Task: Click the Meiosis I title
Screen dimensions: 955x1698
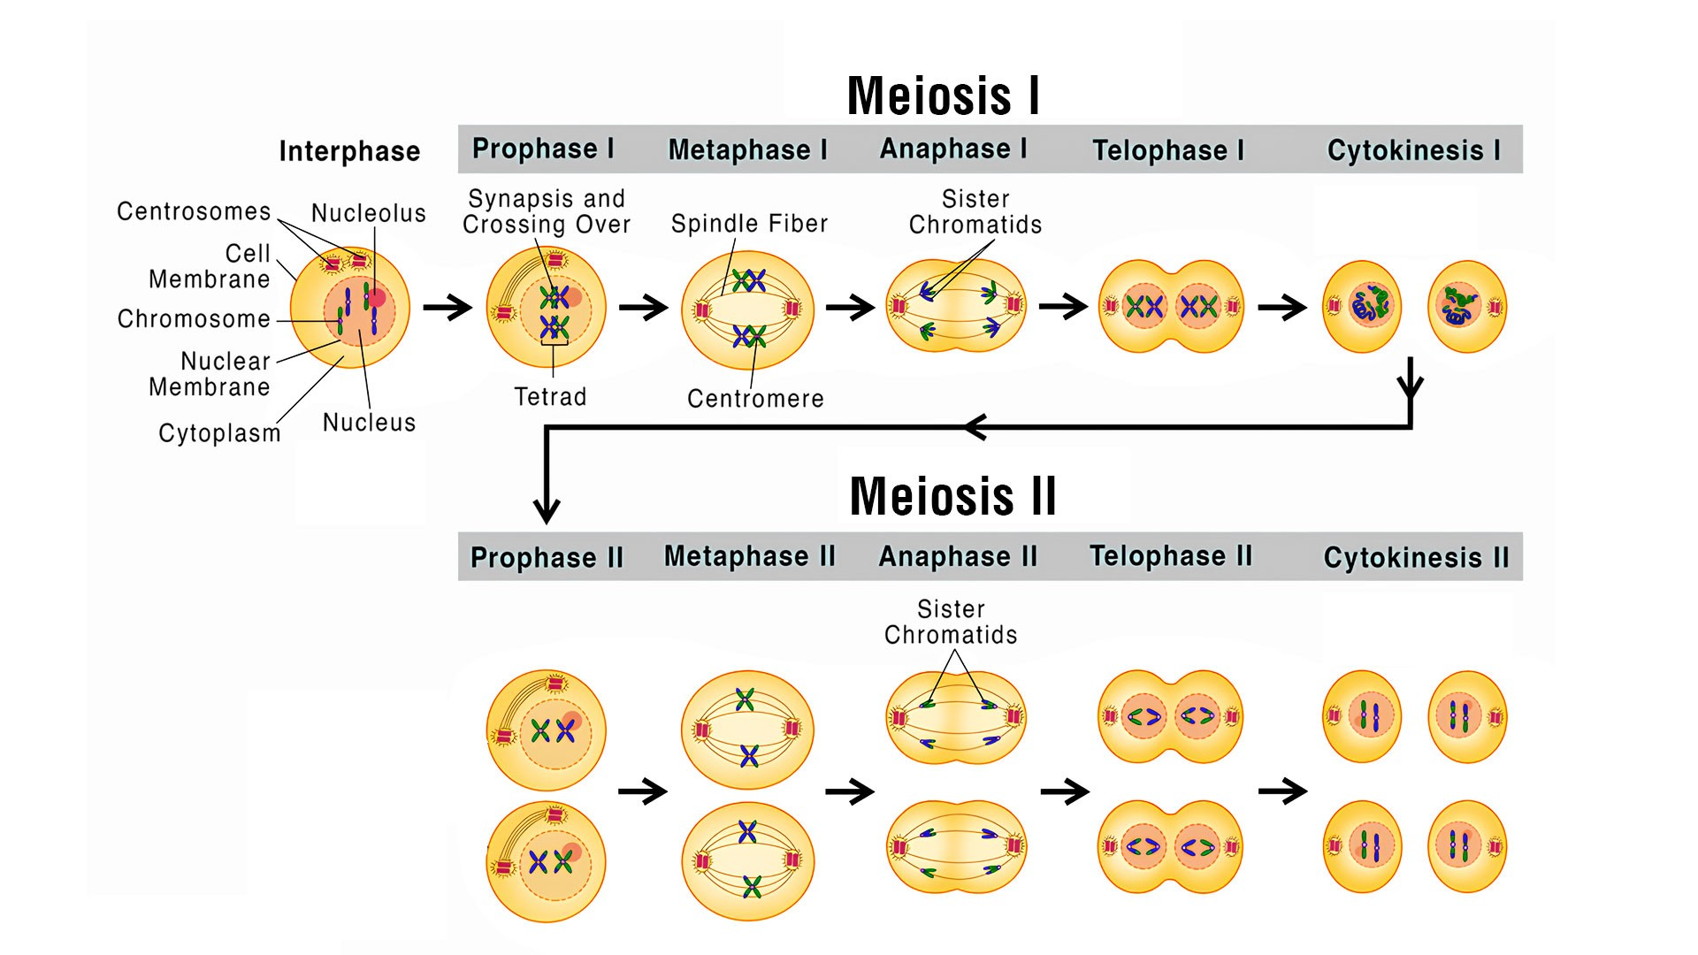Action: (x=943, y=95)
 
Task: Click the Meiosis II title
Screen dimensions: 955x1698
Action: (x=952, y=496)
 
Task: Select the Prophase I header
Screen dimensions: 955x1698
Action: (x=543, y=149)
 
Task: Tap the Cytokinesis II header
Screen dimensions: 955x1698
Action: (x=1416, y=557)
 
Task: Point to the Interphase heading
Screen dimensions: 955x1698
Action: (x=349, y=151)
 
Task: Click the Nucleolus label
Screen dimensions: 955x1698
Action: (x=369, y=213)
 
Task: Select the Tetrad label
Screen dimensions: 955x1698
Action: (x=550, y=397)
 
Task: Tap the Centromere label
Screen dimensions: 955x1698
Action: (x=755, y=399)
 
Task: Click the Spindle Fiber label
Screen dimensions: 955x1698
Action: (x=749, y=224)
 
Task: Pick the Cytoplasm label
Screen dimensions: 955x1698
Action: (x=219, y=433)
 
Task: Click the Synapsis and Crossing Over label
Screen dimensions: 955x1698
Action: (x=547, y=211)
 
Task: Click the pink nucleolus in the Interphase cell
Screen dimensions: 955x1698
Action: (x=378, y=298)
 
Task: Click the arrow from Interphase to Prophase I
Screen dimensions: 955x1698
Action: (x=447, y=308)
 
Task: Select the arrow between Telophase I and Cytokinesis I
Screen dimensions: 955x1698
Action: (x=1281, y=308)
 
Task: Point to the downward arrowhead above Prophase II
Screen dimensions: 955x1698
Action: (x=547, y=510)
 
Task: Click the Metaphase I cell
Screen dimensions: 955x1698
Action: (x=747, y=309)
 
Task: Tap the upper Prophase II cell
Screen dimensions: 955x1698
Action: (x=547, y=730)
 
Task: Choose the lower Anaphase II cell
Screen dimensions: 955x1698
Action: (x=956, y=846)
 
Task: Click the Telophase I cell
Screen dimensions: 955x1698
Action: (x=1171, y=307)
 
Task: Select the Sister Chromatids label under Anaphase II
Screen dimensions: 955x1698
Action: (x=951, y=622)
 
